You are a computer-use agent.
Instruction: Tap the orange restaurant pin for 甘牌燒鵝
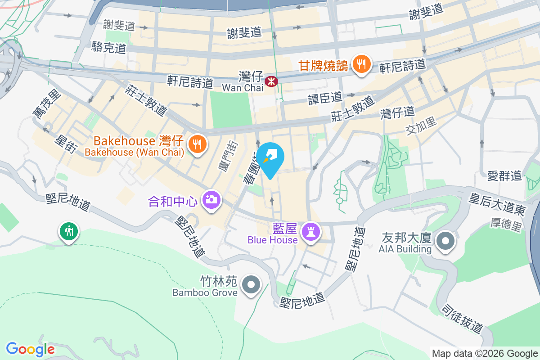pos(361,64)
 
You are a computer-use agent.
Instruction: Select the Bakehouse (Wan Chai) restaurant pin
pos(197,144)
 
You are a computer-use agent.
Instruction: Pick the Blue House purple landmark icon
pos(311,232)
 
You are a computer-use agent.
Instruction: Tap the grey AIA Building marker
pos(445,241)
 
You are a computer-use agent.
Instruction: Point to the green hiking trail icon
pos(68,232)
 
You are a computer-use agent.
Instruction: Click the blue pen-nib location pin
pos(271,157)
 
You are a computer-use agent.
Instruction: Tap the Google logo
pos(30,349)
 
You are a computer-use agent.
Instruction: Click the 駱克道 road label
pos(108,47)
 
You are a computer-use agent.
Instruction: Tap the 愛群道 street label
pos(504,175)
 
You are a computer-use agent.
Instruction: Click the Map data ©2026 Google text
pos(485,354)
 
